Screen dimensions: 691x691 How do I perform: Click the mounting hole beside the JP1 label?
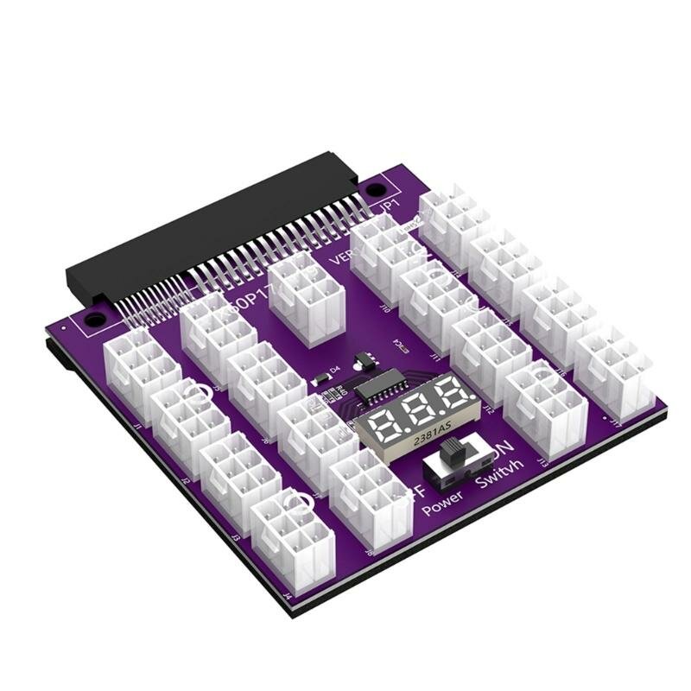point(377,187)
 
